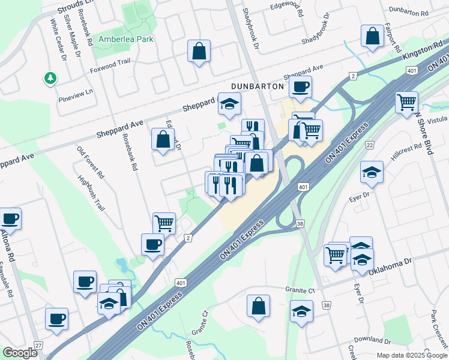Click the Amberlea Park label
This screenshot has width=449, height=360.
point(126,39)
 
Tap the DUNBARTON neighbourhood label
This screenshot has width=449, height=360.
point(258,86)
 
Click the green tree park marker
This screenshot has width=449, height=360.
point(50,78)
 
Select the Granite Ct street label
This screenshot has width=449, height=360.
point(300,290)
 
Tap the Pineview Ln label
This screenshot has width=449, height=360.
point(76,94)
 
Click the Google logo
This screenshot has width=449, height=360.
point(20,353)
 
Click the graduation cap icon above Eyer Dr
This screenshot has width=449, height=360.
point(372,172)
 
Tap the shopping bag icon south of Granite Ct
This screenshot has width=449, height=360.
point(258,306)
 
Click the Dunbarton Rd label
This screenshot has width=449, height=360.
point(408,12)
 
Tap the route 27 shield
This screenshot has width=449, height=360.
point(39,346)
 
